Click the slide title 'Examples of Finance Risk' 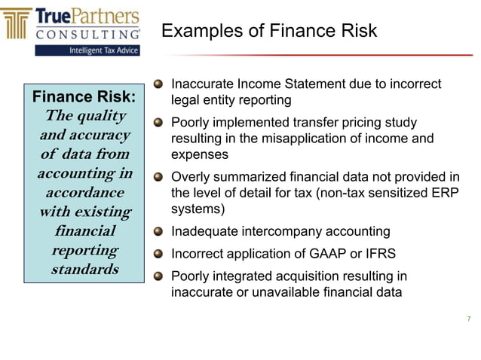coord(269,31)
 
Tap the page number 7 coord(468,319)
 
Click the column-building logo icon coord(18,24)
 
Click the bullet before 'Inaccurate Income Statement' coord(158,85)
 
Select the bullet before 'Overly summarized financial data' coord(158,178)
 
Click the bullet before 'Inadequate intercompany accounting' coord(158,232)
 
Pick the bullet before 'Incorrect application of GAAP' coord(158,254)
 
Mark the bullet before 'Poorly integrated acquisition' coord(158,276)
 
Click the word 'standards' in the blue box coord(84,269)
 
